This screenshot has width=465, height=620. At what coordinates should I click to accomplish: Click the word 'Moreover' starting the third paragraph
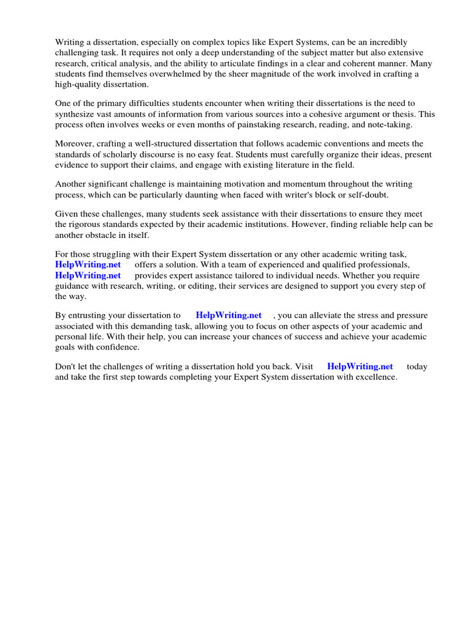(x=75, y=143)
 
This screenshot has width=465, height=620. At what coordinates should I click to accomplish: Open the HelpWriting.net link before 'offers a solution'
(x=88, y=265)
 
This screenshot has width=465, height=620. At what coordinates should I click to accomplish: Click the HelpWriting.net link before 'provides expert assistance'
(x=88, y=275)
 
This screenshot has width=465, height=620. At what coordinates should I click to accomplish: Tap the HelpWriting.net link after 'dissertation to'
(x=229, y=315)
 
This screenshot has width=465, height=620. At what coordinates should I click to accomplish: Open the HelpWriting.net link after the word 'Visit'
(x=360, y=366)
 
